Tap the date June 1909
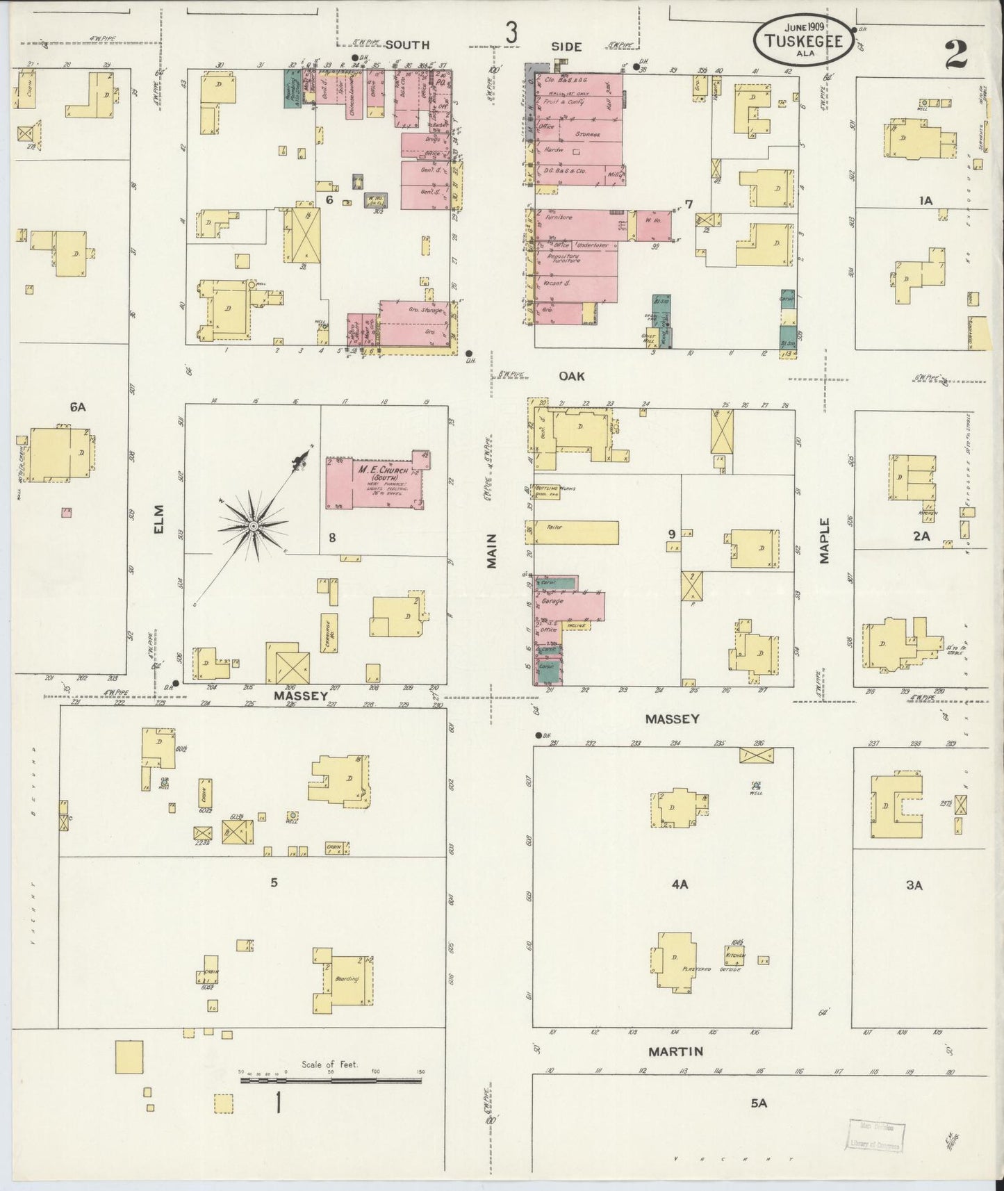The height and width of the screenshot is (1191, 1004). [x=803, y=28]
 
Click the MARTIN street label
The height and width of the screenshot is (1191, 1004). [x=675, y=1051]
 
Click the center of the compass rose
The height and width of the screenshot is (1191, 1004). [x=254, y=527]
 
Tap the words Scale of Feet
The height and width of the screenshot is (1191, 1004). [x=329, y=1065]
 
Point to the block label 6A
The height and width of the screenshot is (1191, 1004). [x=77, y=408]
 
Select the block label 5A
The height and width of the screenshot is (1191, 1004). [x=758, y=1101]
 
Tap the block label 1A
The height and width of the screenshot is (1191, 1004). [x=925, y=201]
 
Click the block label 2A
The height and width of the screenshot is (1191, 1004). [x=921, y=536]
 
